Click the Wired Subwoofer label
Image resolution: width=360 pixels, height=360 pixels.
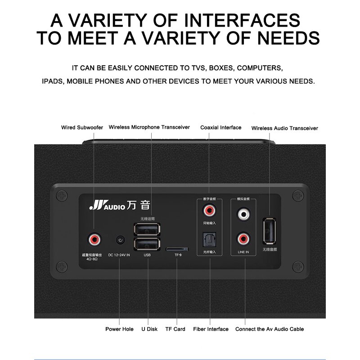(82, 128)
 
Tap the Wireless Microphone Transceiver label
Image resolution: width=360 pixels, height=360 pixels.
(149, 128)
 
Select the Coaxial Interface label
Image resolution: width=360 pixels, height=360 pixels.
(220, 128)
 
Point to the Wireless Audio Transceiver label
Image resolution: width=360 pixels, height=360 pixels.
(284, 128)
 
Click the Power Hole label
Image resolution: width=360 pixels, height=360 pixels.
(119, 329)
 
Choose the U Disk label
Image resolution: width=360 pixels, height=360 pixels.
(149, 329)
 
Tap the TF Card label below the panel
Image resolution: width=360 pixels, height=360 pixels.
(175, 329)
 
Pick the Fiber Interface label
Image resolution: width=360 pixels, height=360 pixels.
(211, 329)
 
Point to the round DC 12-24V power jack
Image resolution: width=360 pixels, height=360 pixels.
(120, 240)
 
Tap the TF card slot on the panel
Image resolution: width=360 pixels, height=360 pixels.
(177, 248)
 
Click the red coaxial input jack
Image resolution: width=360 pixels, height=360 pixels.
(209, 210)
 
